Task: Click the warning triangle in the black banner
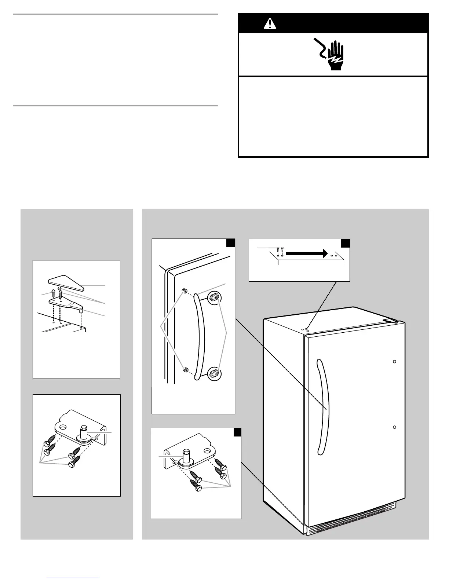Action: [270, 24]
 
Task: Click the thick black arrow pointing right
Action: [307, 253]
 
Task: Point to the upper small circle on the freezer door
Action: [394, 362]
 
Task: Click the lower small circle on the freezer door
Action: [394, 427]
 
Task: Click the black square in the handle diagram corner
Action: [230, 244]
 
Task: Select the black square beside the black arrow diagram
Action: [346, 244]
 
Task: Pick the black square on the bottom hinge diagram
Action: [237, 433]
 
